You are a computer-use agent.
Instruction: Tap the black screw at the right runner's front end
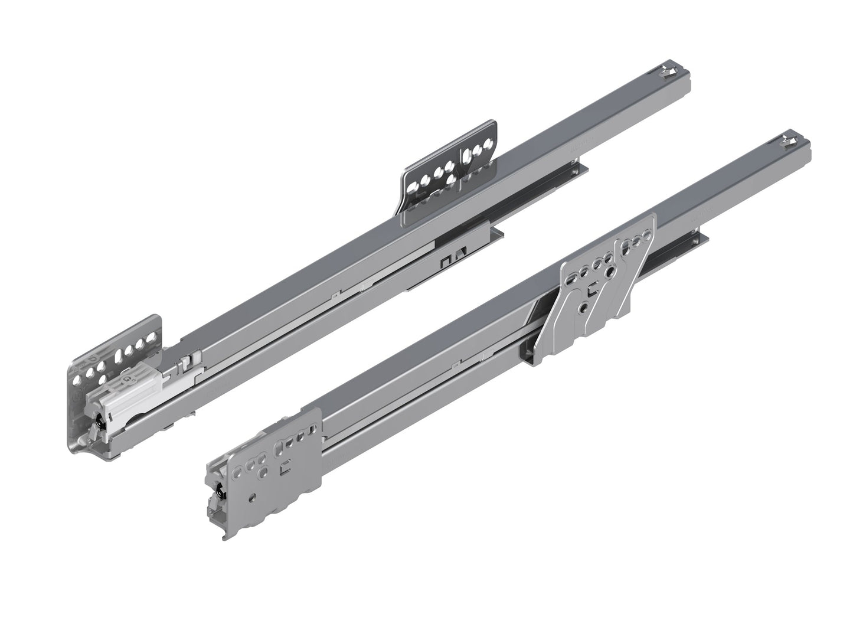pyautogui.click(x=220, y=492)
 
